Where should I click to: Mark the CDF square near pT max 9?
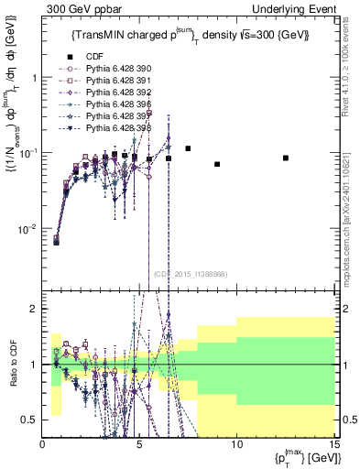click(x=217, y=164)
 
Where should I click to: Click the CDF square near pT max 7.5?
click(x=188, y=148)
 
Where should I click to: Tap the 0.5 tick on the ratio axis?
click(x=33, y=420)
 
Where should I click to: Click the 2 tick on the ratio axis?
click(x=37, y=309)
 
